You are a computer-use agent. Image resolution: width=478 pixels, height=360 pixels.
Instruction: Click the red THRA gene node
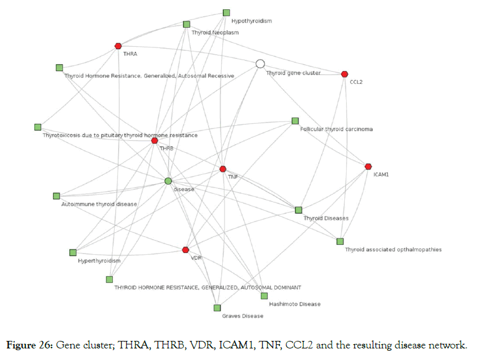click(x=118, y=46)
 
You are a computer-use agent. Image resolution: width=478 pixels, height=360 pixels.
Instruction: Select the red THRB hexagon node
click(x=155, y=141)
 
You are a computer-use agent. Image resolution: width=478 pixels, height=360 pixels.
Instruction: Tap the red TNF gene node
click(x=223, y=169)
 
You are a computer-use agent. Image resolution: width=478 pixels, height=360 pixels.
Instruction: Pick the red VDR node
click(x=185, y=249)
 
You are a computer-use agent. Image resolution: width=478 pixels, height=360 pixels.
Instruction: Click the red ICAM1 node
click(x=368, y=167)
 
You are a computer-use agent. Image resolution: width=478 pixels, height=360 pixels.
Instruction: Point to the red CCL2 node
click(x=344, y=74)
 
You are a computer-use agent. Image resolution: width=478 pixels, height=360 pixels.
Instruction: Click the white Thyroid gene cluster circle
click(x=260, y=64)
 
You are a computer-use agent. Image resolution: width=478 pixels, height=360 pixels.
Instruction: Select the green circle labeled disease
click(x=168, y=181)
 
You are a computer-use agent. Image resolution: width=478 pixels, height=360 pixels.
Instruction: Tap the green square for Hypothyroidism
click(x=226, y=13)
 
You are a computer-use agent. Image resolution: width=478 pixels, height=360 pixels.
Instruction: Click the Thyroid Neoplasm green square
click(x=186, y=24)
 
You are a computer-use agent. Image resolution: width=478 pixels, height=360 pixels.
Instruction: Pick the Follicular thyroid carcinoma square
click(x=295, y=121)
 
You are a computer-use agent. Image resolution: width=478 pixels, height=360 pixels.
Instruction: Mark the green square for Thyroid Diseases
click(x=299, y=210)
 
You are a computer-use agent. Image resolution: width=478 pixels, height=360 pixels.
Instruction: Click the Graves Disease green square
click(x=217, y=308)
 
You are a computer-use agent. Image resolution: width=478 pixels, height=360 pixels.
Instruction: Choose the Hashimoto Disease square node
click(x=264, y=296)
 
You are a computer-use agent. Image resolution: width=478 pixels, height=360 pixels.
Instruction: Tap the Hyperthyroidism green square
click(x=73, y=252)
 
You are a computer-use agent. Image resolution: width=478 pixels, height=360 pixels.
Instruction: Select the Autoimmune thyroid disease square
click(x=56, y=196)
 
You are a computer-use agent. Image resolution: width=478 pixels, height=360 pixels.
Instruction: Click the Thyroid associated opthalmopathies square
click(x=340, y=241)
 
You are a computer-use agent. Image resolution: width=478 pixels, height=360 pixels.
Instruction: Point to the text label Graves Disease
click(x=242, y=316)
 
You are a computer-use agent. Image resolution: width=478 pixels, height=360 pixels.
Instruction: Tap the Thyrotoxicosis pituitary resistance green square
click(x=38, y=127)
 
